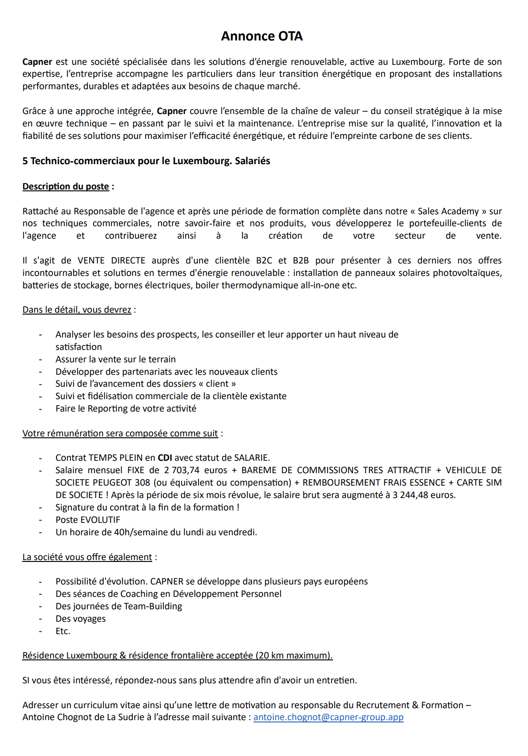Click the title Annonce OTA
(x=262, y=36)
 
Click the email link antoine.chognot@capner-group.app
(x=328, y=717)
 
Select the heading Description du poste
(x=66, y=186)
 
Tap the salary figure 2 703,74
(x=182, y=470)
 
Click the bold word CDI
(x=165, y=458)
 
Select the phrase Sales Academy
(x=448, y=211)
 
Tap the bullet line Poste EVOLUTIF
(x=88, y=520)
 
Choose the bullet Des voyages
(x=80, y=619)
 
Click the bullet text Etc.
(x=63, y=631)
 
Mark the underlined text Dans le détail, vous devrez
(x=77, y=309)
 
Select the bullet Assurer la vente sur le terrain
(x=115, y=359)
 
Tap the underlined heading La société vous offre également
(x=87, y=557)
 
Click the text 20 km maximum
(x=293, y=655)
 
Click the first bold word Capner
(x=37, y=62)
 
